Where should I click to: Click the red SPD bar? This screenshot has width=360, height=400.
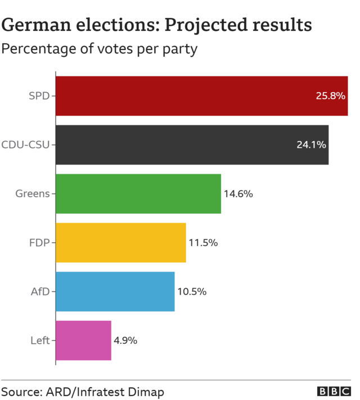tap(186, 96)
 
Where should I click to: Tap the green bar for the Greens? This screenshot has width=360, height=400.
tap(138, 194)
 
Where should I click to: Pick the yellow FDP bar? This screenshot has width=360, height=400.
tap(120, 243)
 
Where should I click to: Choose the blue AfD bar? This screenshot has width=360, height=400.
tap(115, 292)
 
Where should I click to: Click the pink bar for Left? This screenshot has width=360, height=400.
tap(83, 340)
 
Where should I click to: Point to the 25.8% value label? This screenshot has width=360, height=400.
tap(330, 96)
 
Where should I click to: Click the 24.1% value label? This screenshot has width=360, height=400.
tap(311, 145)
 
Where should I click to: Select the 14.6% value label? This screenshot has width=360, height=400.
tap(238, 194)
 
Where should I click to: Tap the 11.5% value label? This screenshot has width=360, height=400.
tap(203, 243)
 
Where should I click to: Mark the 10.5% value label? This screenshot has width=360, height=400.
tap(192, 292)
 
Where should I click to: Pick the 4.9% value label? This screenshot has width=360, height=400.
tap(125, 341)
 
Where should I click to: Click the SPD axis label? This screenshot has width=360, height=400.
tap(39, 96)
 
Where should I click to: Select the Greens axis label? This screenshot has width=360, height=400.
tap(33, 194)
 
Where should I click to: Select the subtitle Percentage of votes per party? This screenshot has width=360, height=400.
tap(100, 49)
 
